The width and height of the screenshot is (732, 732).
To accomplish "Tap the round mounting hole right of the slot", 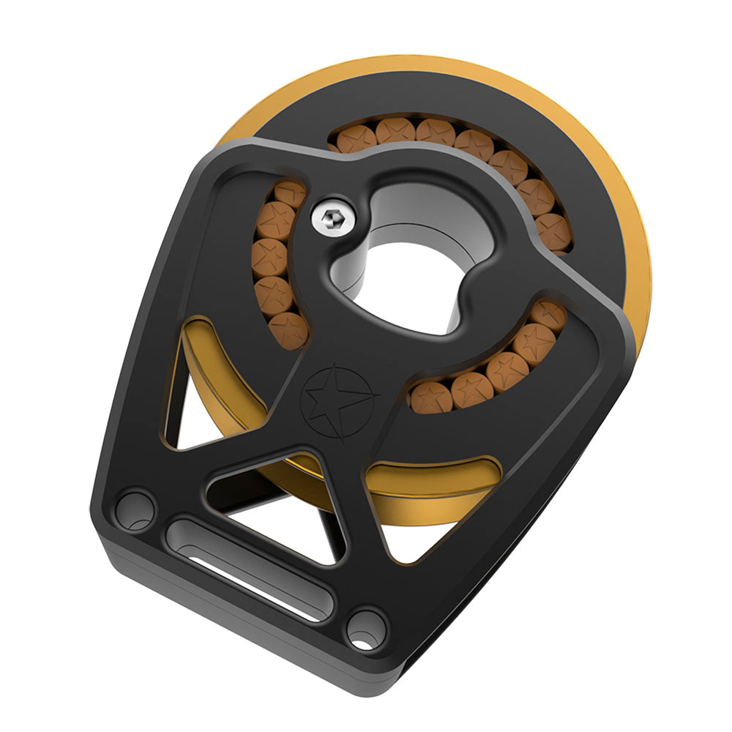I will click(x=365, y=628).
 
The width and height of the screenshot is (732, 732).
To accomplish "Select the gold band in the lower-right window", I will click(x=432, y=483).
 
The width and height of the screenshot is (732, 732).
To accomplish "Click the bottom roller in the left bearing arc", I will click(x=288, y=329).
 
